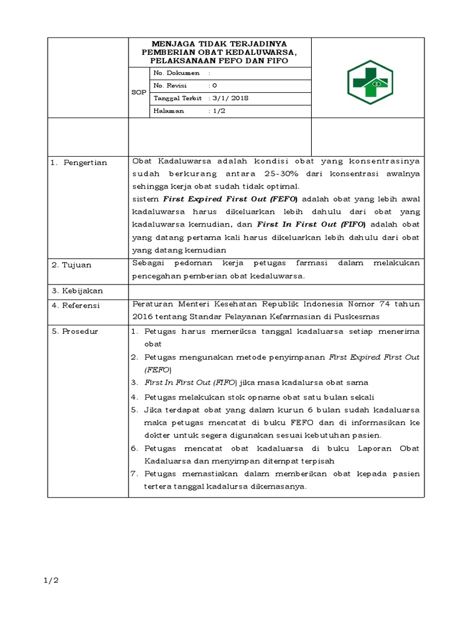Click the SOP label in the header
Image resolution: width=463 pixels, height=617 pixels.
click(x=139, y=92)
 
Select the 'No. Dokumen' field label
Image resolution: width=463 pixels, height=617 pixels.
click(x=177, y=73)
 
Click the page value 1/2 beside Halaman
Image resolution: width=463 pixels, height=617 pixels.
click(x=218, y=111)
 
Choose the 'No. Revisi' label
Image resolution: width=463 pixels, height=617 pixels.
click(x=171, y=86)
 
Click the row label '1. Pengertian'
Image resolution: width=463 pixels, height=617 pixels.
click(x=79, y=163)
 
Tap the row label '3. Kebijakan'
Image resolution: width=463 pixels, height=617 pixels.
click(x=77, y=291)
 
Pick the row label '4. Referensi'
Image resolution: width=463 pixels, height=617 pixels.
click(x=77, y=305)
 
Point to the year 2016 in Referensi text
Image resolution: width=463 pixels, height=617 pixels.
click(x=142, y=316)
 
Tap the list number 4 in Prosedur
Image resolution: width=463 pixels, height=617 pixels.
click(x=134, y=397)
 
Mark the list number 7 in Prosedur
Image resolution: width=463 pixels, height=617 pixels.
click(x=134, y=474)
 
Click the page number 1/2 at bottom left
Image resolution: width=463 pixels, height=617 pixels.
click(x=50, y=581)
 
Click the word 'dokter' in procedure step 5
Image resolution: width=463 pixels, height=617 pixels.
click(x=158, y=435)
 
